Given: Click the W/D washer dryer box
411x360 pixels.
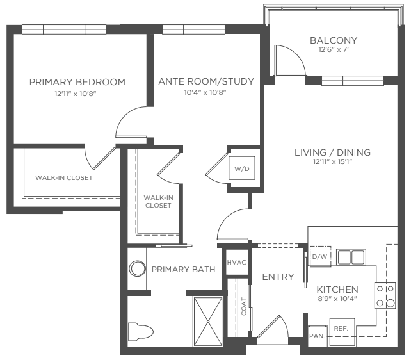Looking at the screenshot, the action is coord(242,168).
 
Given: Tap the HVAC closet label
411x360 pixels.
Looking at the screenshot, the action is coord(237,263).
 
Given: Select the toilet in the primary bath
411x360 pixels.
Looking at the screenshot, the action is coord(140,332).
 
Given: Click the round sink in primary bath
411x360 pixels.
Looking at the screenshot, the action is coord(138,268).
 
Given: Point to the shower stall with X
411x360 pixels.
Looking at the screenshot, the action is coord(208,322).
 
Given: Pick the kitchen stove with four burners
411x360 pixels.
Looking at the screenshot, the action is coord(385,296).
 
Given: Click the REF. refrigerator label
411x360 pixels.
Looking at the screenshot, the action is coord(341,328).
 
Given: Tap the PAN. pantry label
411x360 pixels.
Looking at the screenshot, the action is coord(317,336).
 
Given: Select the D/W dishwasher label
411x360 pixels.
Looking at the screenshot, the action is coord(320,256).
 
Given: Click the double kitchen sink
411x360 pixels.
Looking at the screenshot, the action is coord(351,258).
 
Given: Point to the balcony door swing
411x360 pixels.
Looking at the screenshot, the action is coord(290,60).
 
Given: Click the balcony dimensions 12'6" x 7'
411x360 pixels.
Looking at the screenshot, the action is coord(334,49).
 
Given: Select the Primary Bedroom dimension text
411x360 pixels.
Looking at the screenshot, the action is coord(76,94).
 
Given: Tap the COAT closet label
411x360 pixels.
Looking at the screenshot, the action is coord(244,306).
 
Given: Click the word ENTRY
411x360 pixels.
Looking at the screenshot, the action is coord(278,277).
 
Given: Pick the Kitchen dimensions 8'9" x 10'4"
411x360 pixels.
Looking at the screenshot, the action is coord(337,299).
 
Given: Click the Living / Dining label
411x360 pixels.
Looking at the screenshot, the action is coord(333,152).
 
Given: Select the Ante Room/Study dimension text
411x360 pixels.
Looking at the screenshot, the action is coord(205,92).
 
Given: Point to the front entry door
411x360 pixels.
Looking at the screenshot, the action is coord(273,331).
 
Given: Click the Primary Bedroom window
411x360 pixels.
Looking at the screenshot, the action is coord(64,29).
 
